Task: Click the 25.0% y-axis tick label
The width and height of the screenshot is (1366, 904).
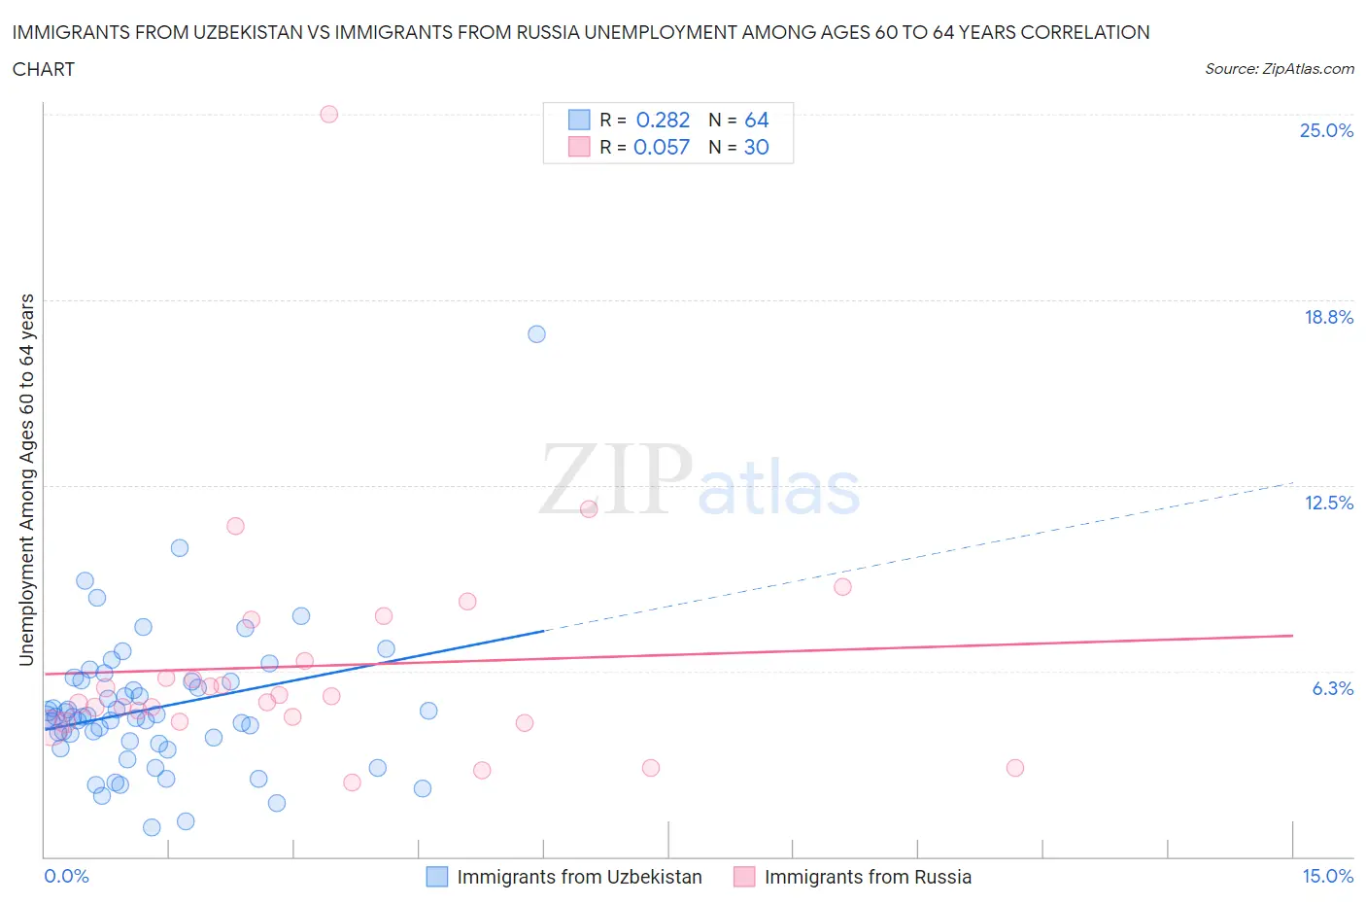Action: (x=1326, y=130)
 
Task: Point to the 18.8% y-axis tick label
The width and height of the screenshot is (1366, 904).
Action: (x=1328, y=317)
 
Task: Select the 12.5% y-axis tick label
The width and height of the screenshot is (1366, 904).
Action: (x=1328, y=503)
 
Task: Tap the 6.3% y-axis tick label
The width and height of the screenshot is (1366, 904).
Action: (x=1332, y=688)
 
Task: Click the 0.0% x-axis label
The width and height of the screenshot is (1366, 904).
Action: (x=66, y=876)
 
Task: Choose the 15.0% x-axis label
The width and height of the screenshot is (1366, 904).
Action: (x=1327, y=876)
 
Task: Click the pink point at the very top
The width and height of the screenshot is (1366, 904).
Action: (x=328, y=114)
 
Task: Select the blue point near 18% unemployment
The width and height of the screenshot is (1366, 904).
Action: (x=536, y=333)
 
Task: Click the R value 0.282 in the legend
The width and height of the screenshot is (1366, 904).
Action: (x=663, y=120)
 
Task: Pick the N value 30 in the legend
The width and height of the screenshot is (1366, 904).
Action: (x=756, y=147)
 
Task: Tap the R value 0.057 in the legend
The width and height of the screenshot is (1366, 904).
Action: (x=661, y=147)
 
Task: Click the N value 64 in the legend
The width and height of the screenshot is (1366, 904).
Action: (x=756, y=120)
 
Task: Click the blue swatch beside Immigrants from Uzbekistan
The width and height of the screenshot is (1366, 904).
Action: (x=437, y=877)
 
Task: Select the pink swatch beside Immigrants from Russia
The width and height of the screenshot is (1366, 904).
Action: (x=744, y=877)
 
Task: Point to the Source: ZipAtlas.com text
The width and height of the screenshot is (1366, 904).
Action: (x=1279, y=69)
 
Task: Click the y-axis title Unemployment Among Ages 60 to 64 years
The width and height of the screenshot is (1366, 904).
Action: (x=26, y=479)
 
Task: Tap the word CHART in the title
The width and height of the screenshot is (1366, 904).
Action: (x=44, y=69)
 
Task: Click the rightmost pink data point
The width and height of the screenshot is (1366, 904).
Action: (x=1014, y=768)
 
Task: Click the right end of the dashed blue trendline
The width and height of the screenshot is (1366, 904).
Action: (x=1292, y=483)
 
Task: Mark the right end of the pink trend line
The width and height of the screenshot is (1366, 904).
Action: (x=1292, y=635)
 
